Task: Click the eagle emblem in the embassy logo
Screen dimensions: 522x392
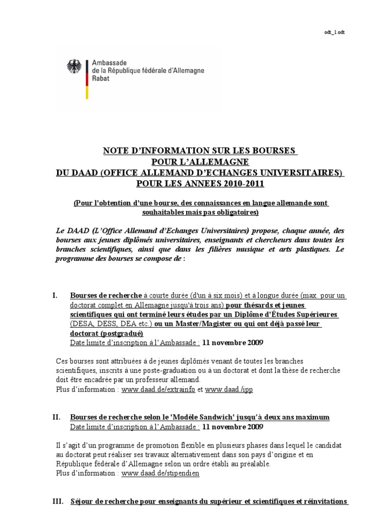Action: (74, 66)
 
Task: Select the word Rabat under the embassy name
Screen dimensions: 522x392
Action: (100, 79)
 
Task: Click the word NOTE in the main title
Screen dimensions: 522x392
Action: (116, 151)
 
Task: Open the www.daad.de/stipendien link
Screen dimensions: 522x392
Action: (160, 473)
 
